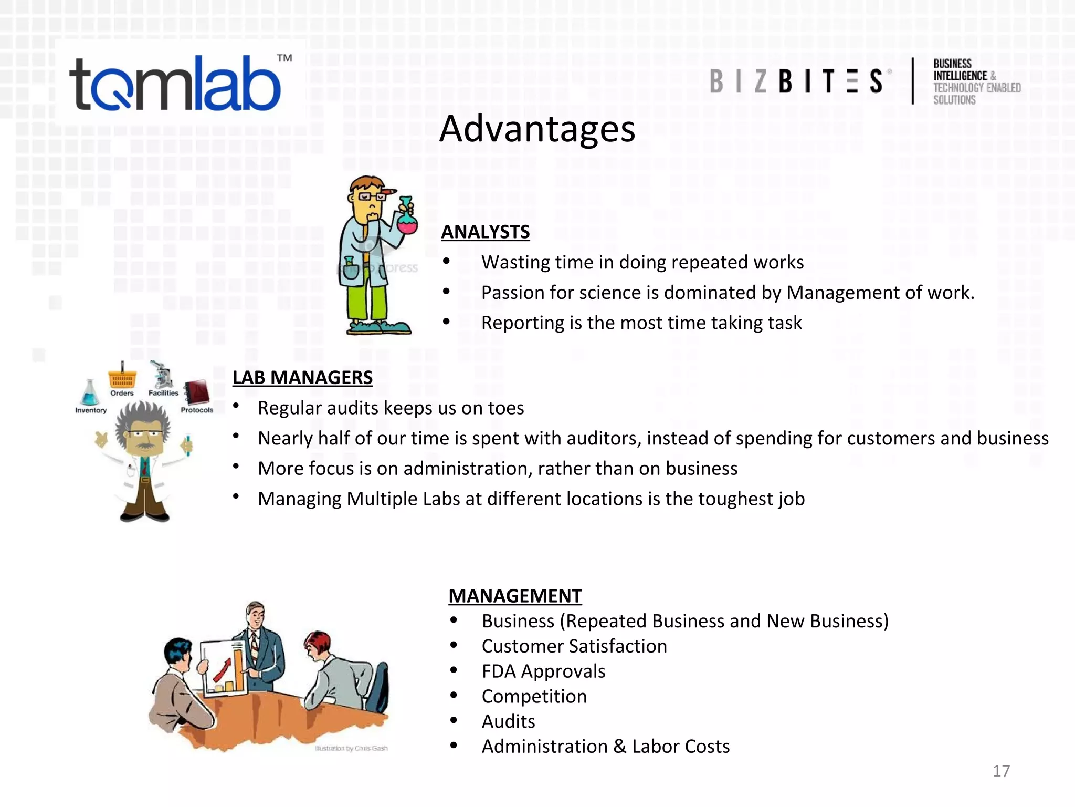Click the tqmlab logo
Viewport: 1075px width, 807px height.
[176, 84]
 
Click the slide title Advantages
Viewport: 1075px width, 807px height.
[537, 129]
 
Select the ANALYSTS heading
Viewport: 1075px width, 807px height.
[485, 232]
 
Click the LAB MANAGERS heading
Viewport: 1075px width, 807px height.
[302, 377]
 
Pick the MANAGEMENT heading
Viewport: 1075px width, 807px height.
[515, 596]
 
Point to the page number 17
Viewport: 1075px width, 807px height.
[1001, 771]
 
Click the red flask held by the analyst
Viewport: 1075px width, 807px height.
[407, 223]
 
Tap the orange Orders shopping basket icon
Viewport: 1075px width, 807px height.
[122, 378]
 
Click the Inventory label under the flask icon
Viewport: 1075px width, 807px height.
[91, 410]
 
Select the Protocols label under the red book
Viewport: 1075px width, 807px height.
[197, 410]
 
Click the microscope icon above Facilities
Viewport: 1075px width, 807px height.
[162, 374]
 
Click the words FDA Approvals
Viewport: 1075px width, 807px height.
[543, 671]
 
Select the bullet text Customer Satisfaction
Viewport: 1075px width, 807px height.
[574, 646]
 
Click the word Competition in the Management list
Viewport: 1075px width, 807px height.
[534, 697]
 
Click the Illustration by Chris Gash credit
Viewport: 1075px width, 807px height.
[351, 748]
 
